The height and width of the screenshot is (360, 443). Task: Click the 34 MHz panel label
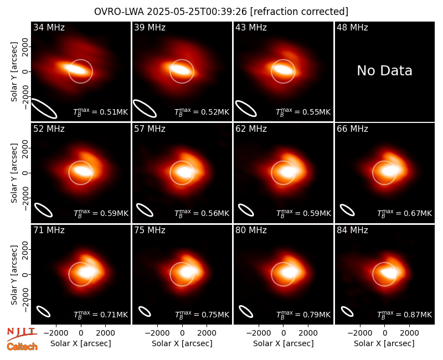(49, 27)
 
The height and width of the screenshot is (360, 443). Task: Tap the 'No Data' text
(384, 70)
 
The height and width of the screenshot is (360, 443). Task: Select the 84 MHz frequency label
(352, 230)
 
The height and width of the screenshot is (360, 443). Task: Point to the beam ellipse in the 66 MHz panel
(347, 210)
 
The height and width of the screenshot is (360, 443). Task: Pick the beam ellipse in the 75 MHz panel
(145, 311)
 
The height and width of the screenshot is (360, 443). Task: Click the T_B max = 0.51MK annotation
(101, 112)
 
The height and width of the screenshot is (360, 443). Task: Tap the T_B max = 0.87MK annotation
(405, 315)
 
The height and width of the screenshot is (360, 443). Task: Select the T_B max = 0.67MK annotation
(405, 213)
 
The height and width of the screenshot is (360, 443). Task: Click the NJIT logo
(22, 333)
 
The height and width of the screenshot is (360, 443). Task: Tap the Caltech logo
(22, 347)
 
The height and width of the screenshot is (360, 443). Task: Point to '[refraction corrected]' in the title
(299, 12)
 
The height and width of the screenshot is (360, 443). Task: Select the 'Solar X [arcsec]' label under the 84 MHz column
(384, 343)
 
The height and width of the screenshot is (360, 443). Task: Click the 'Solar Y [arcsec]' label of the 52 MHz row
(14, 173)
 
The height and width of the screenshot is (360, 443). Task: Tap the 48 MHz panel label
(352, 27)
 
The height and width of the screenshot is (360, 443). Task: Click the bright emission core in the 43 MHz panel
(283, 70)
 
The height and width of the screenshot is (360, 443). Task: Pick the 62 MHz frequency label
(251, 129)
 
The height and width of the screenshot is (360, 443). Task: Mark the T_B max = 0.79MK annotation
(303, 315)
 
